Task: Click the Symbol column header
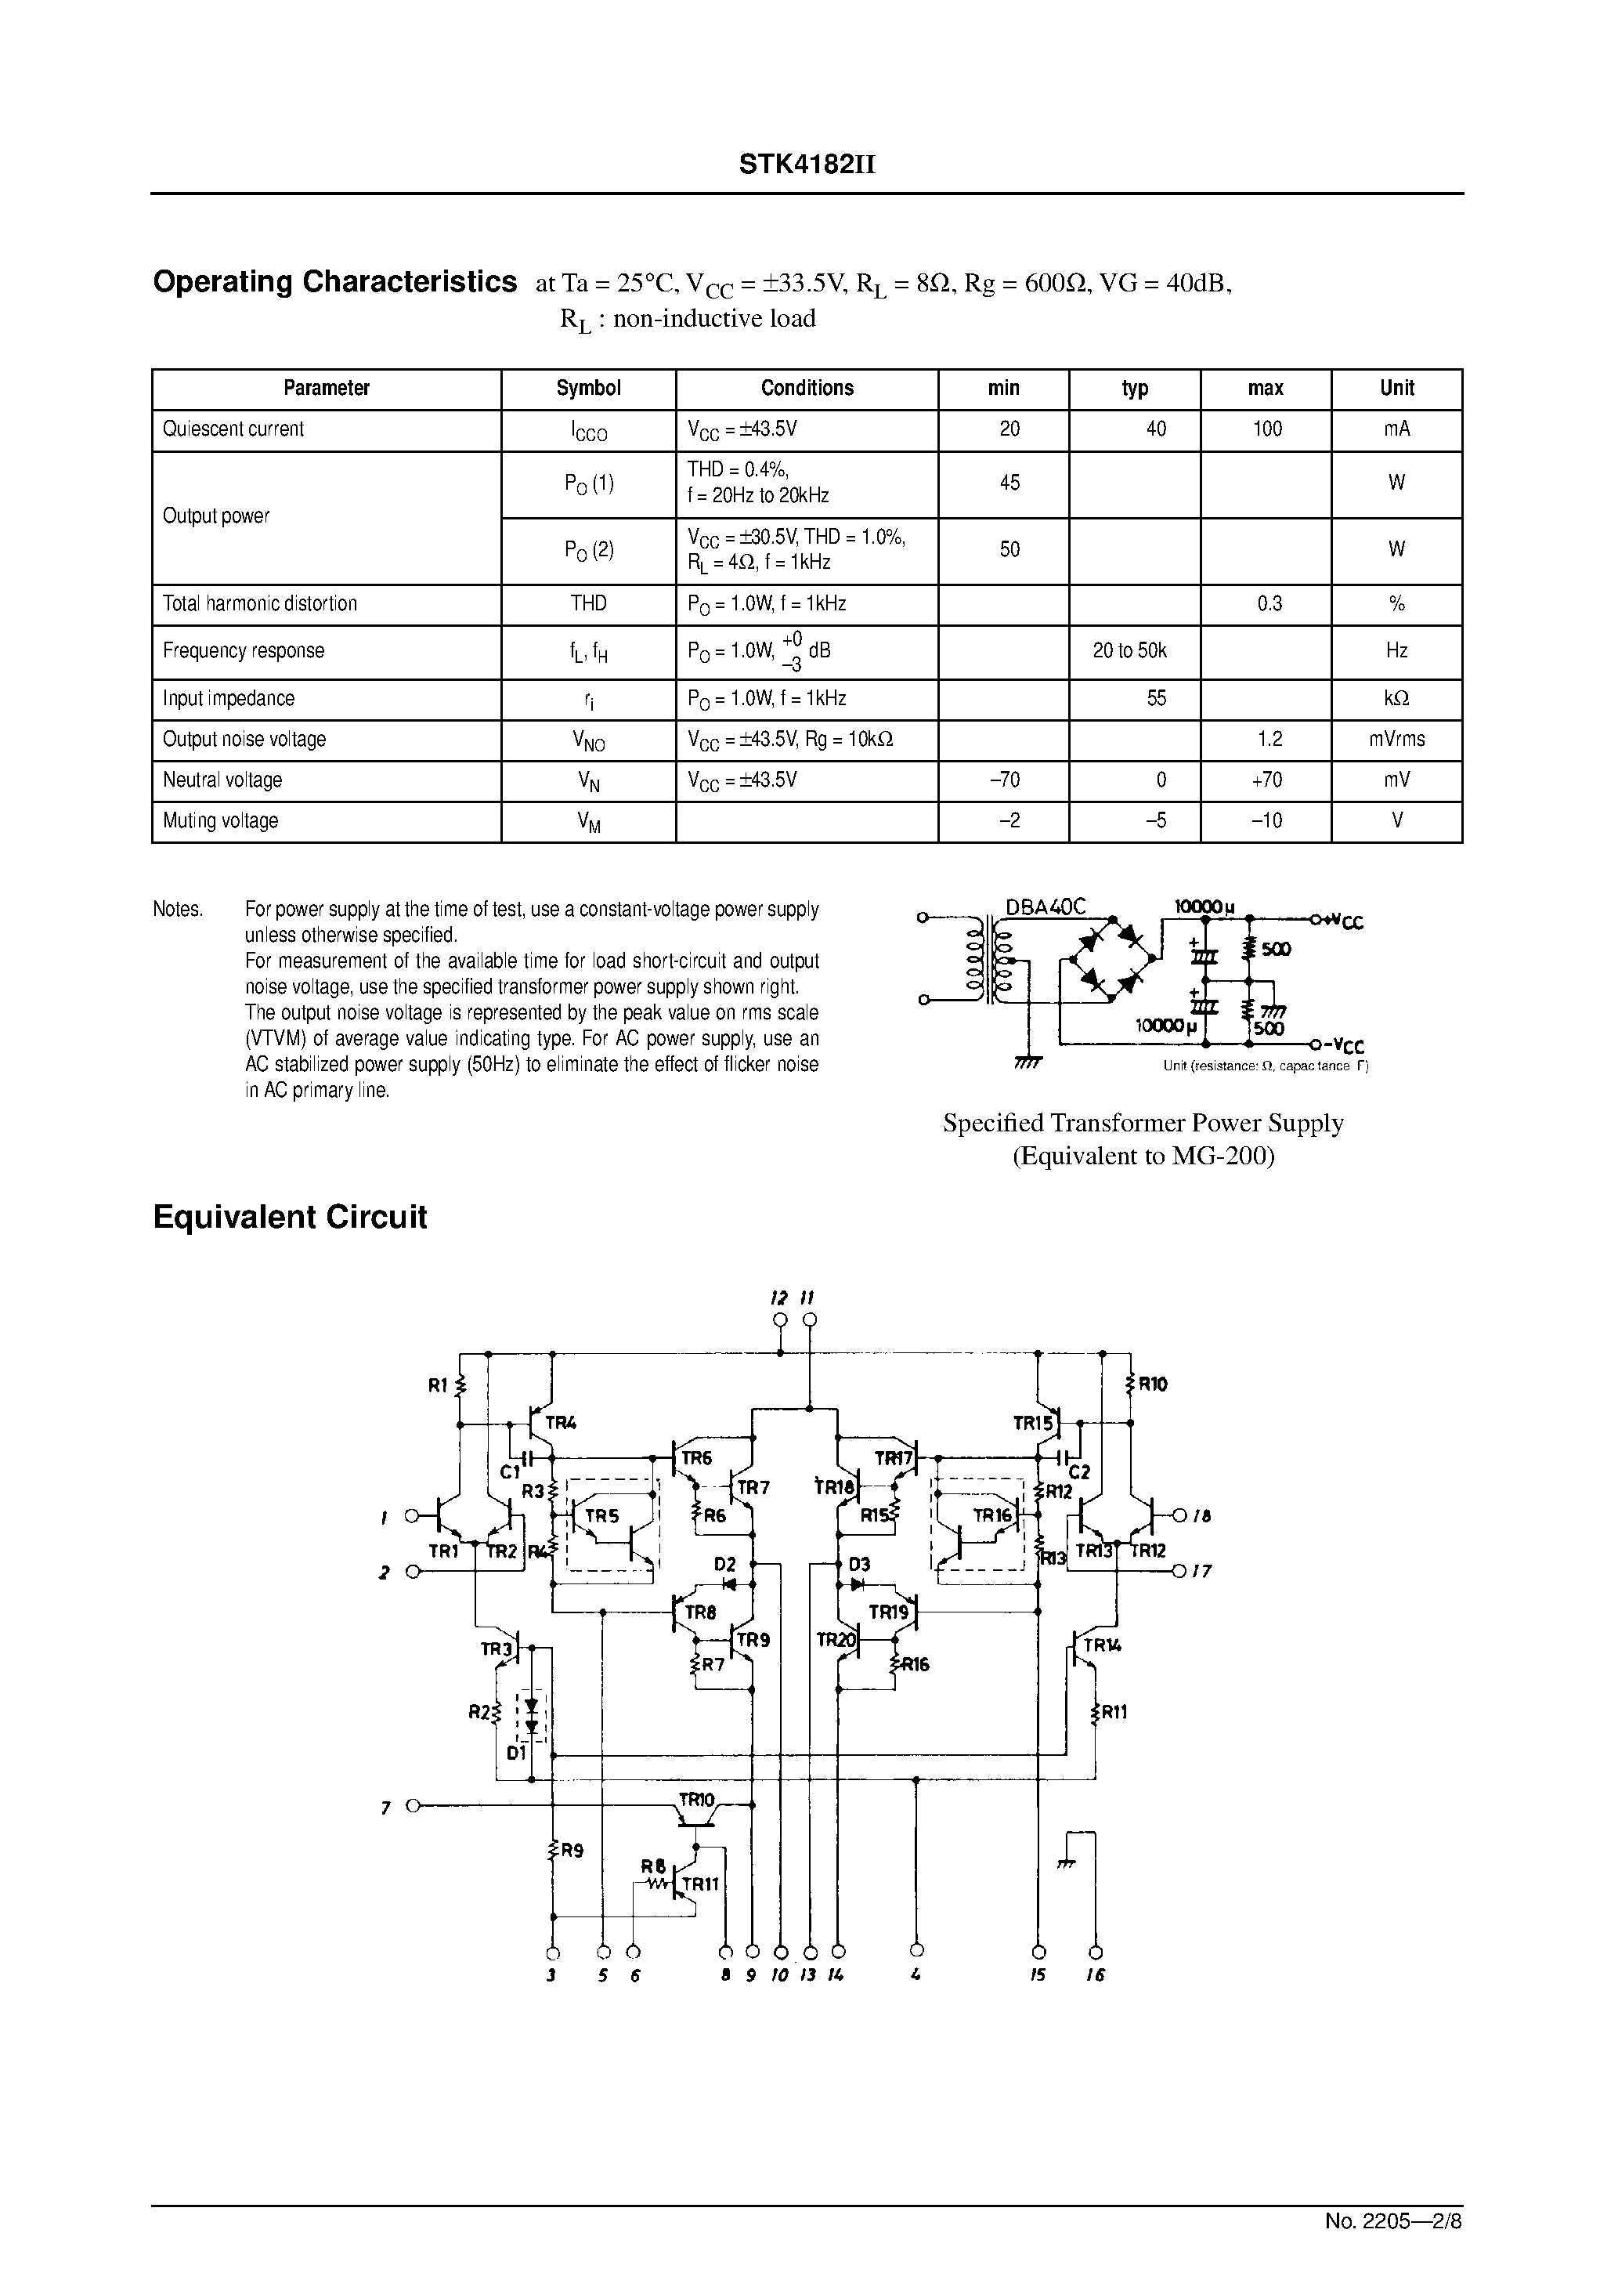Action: click(587, 388)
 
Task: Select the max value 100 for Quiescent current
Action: click(1267, 429)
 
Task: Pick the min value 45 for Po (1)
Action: click(1009, 483)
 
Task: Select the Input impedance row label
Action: click(229, 698)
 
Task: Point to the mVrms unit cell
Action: click(1396, 740)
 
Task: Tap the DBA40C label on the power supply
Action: click(1045, 907)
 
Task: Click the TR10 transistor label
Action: click(696, 1800)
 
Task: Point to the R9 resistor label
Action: click(572, 1849)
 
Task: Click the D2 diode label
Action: click(724, 1564)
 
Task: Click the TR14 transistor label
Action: click(1102, 1645)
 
